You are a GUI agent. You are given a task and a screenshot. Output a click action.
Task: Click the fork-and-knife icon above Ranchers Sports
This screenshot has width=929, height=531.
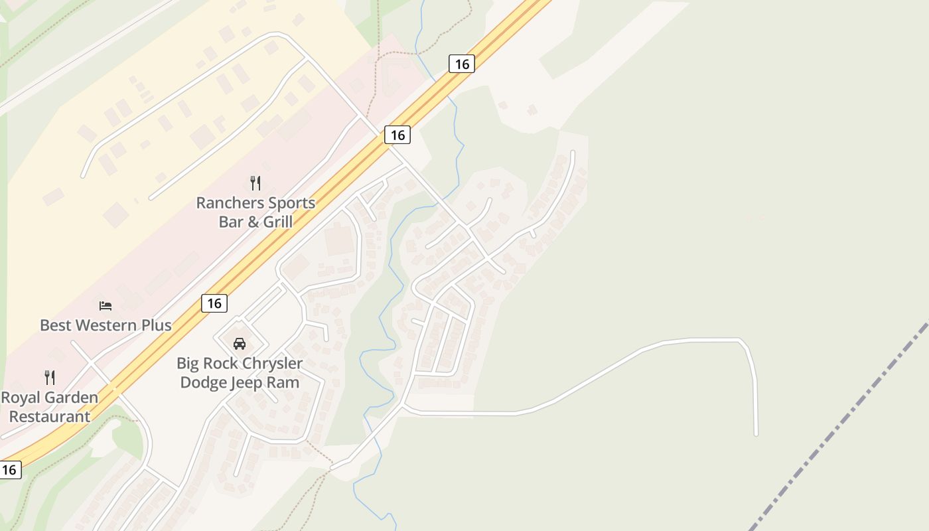pyautogui.click(x=255, y=183)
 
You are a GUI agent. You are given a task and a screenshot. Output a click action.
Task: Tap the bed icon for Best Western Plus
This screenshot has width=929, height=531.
pyautogui.click(x=106, y=305)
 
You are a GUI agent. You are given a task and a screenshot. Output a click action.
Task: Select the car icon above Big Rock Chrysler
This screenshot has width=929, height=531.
pyautogui.click(x=240, y=344)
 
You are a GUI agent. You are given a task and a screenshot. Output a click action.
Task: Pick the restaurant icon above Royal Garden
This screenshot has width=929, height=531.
pyautogui.click(x=50, y=378)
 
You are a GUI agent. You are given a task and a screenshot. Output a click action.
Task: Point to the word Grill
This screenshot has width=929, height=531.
pyautogui.click(x=279, y=222)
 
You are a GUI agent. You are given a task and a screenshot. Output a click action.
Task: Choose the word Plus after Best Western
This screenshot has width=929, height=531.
pyautogui.click(x=156, y=325)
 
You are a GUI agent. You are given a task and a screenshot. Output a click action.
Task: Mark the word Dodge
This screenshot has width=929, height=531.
pyautogui.click(x=203, y=383)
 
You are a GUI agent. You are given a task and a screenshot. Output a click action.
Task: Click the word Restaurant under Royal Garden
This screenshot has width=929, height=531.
pyautogui.click(x=50, y=417)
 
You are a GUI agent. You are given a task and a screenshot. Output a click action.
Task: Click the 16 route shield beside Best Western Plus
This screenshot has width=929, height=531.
pyautogui.click(x=214, y=303)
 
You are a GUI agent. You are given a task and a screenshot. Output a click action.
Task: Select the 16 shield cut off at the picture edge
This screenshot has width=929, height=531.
pyautogui.click(x=9, y=470)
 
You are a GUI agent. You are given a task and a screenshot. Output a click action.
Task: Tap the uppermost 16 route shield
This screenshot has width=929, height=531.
pyautogui.click(x=462, y=64)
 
